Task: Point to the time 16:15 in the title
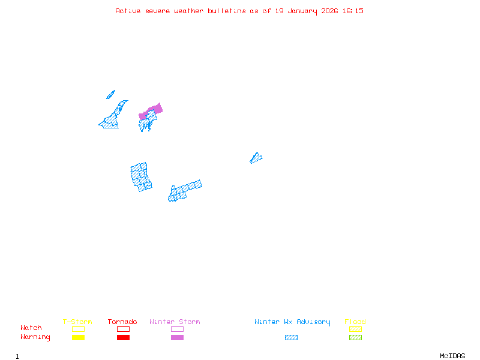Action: coord(353,11)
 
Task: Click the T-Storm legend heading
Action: coord(77,322)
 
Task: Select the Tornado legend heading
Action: coord(122,322)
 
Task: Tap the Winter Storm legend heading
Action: coord(175,322)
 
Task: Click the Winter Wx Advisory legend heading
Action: coord(292,322)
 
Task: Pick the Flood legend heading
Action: coord(355,322)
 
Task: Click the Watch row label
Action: coord(31,328)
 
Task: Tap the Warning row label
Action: coord(35,337)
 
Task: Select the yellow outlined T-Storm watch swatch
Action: coord(78,329)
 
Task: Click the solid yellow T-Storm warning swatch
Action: coord(78,337)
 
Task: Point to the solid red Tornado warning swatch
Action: coord(123,337)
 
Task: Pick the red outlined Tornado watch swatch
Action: coord(123,329)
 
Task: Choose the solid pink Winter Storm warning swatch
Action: coord(177,337)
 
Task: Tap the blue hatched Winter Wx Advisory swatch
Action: coord(291,337)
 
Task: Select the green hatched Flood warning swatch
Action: coord(355,337)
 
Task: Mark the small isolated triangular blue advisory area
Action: coord(256,158)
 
